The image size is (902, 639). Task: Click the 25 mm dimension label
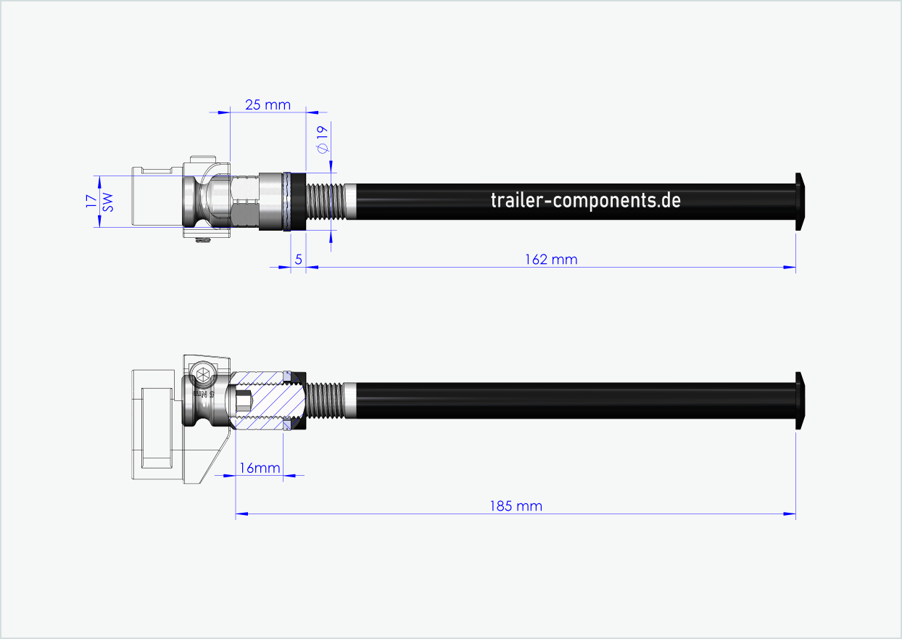coord(268,104)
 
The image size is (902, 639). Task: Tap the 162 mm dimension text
coord(551,259)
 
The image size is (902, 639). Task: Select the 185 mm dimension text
coord(516,506)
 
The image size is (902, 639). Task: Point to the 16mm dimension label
coord(260,468)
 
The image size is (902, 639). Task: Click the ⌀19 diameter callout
coord(323,138)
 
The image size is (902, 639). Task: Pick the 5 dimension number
coord(298,259)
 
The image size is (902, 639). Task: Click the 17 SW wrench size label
coord(99,202)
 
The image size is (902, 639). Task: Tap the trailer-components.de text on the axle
coord(585,200)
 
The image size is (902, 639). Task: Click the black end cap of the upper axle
coord(800,201)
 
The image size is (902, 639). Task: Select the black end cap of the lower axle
coord(800,400)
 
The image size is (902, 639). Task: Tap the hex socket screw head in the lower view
coord(202,375)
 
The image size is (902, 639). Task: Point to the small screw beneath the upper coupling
coord(203,241)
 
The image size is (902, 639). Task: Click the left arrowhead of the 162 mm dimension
coord(312,268)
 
